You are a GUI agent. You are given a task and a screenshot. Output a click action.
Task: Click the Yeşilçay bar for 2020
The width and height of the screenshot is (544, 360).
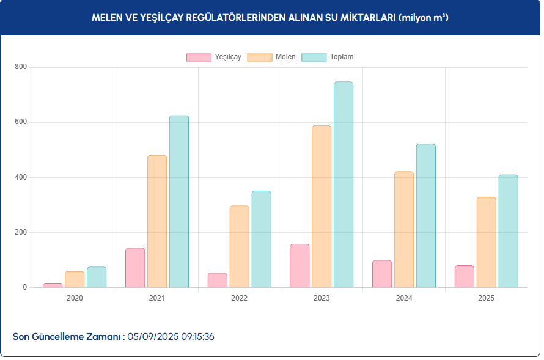pos(53,285)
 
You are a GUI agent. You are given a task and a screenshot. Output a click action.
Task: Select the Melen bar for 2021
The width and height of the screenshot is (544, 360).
pos(157,221)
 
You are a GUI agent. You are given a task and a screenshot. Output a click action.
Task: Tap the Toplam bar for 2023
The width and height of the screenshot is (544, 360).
pos(344,185)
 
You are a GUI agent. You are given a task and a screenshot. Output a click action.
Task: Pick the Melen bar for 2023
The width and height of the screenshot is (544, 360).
pos(322,207)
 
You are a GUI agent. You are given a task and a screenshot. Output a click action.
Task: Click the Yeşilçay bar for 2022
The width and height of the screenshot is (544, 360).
pos(218,281)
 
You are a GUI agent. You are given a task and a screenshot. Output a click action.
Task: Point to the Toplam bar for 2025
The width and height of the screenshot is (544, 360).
pos(508,231)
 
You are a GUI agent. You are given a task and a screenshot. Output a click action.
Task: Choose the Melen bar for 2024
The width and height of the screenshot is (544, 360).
pos(404,229)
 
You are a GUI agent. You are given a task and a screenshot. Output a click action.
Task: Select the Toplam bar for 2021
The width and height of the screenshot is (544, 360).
pos(179,202)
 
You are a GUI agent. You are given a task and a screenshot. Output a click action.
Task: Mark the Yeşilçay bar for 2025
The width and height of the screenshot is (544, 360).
pos(465,276)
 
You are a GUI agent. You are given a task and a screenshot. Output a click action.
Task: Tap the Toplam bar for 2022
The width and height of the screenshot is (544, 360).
pos(261,239)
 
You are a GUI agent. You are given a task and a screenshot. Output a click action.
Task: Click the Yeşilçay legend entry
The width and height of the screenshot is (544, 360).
pos(214,57)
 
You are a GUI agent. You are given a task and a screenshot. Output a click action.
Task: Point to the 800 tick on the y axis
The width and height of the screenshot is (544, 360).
pos(21,67)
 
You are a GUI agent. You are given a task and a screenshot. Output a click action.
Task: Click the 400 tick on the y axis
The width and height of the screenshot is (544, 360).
pos(21,177)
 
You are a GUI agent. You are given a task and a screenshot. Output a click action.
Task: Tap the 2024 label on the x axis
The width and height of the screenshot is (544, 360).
pos(404,298)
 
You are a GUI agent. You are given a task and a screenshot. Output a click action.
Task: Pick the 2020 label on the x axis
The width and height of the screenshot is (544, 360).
pos(75,298)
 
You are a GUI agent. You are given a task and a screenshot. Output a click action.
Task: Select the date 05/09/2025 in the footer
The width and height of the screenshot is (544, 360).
pos(153,337)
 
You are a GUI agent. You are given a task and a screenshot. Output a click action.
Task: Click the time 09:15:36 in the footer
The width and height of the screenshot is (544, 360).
pos(197,337)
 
